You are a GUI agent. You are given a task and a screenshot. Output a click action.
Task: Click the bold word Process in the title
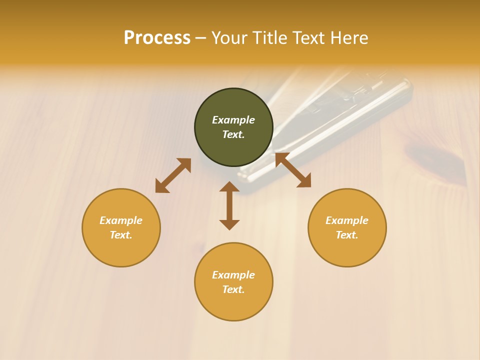click(x=157, y=37)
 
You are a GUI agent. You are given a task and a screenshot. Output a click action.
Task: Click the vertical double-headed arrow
click(x=229, y=205)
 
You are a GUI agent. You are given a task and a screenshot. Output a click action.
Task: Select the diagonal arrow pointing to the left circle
click(x=173, y=175)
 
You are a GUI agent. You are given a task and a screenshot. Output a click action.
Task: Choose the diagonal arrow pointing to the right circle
click(x=293, y=170)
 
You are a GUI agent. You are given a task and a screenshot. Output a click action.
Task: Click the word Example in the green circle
click(x=233, y=120)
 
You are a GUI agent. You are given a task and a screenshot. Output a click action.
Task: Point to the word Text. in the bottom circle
click(x=233, y=289)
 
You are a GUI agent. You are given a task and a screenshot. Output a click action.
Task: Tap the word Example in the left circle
click(x=121, y=220)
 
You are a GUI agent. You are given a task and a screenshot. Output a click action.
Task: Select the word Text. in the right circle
click(x=347, y=235)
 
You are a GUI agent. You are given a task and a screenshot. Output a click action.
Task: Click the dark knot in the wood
click(x=430, y=162)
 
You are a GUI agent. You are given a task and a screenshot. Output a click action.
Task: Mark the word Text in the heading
click(x=308, y=37)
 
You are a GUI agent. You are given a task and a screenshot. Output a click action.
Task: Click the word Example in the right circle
click(x=347, y=220)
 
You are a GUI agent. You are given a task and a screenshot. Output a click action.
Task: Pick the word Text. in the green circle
click(x=233, y=134)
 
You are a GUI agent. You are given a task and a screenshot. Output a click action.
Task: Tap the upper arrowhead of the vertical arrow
click(x=229, y=187)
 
